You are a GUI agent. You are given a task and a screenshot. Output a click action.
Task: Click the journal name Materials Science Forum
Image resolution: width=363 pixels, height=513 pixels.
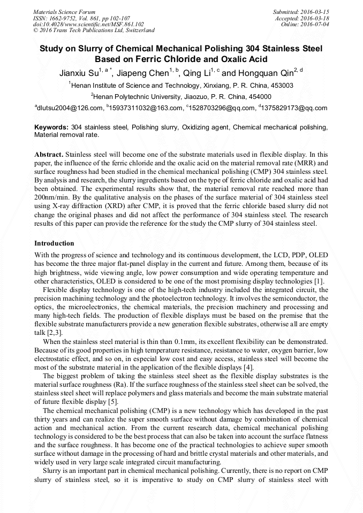[64, 12]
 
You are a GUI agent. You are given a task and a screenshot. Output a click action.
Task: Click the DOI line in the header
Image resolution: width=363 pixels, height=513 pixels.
[88, 24]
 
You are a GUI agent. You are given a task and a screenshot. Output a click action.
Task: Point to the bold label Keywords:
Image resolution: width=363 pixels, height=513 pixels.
[51, 127]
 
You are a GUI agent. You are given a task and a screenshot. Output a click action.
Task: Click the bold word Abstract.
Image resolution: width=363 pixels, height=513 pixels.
[49, 153]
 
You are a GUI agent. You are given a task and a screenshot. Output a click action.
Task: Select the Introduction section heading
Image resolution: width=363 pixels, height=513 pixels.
[54, 243]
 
